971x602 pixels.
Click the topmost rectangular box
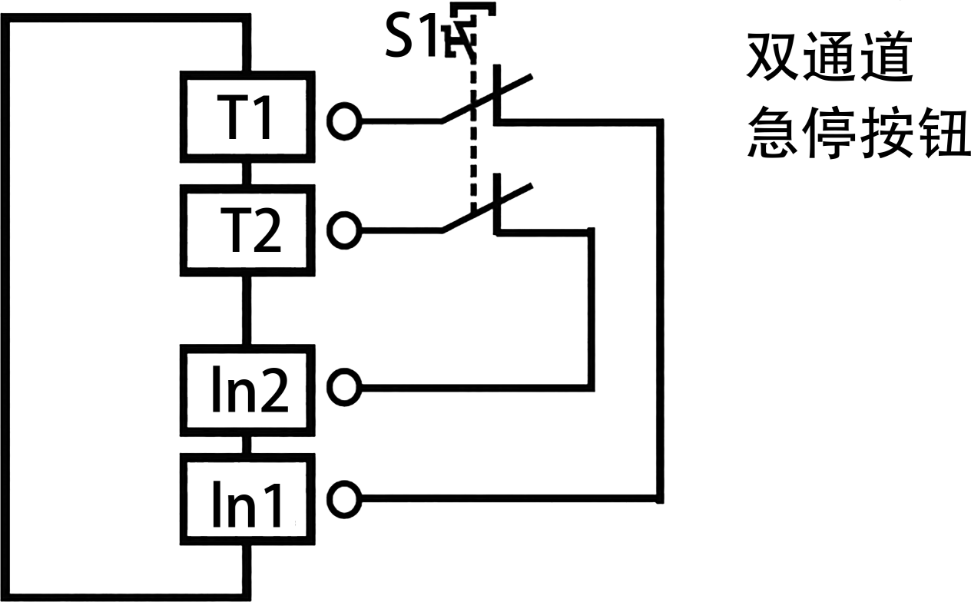click(x=247, y=116)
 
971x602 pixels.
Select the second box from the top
click(x=247, y=230)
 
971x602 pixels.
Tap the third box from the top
click(x=247, y=389)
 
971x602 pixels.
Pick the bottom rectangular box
click(x=247, y=499)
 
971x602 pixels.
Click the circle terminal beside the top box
click(x=344, y=121)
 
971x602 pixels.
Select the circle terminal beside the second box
click(x=344, y=230)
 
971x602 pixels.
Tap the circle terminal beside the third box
click(x=344, y=387)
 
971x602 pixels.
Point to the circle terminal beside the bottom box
click(x=344, y=499)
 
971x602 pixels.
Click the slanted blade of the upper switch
click(x=488, y=98)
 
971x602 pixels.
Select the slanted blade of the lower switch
click(x=488, y=207)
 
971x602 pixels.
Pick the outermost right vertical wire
click(x=659, y=307)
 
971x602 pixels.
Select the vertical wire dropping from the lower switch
click(x=591, y=307)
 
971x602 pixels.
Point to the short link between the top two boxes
click(x=247, y=174)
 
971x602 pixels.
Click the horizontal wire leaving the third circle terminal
click(x=476, y=387)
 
